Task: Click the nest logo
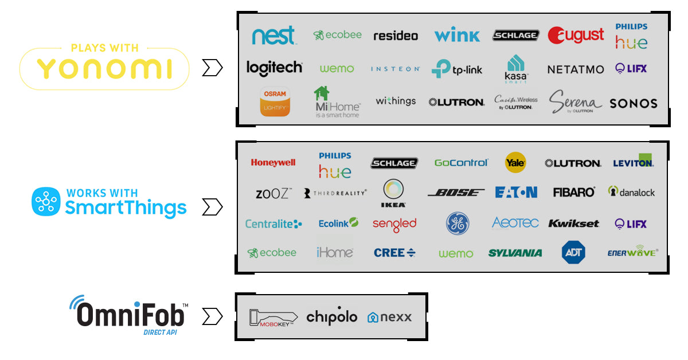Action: click(x=274, y=36)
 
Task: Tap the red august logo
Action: click(x=576, y=36)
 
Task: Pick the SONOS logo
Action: click(x=633, y=104)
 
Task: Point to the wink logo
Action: click(x=456, y=36)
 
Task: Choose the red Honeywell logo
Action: click(x=273, y=163)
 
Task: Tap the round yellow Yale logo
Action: click(x=515, y=163)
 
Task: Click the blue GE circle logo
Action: click(x=458, y=224)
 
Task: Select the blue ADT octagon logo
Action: click(x=573, y=252)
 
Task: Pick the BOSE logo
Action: click(x=456, y=193)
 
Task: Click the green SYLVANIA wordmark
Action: click(x=515, y=253)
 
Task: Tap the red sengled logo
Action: click(x=394, y=224)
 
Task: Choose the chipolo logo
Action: click(x=331, y=316)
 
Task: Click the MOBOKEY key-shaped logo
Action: click(x=273, y=317)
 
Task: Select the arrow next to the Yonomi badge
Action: click(x=212, y=69)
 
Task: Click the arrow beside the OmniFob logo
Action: click(x=212, y=316)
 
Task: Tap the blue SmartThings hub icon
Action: click(x=45, y=201)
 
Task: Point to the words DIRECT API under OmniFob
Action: click(x=160, y=332)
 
